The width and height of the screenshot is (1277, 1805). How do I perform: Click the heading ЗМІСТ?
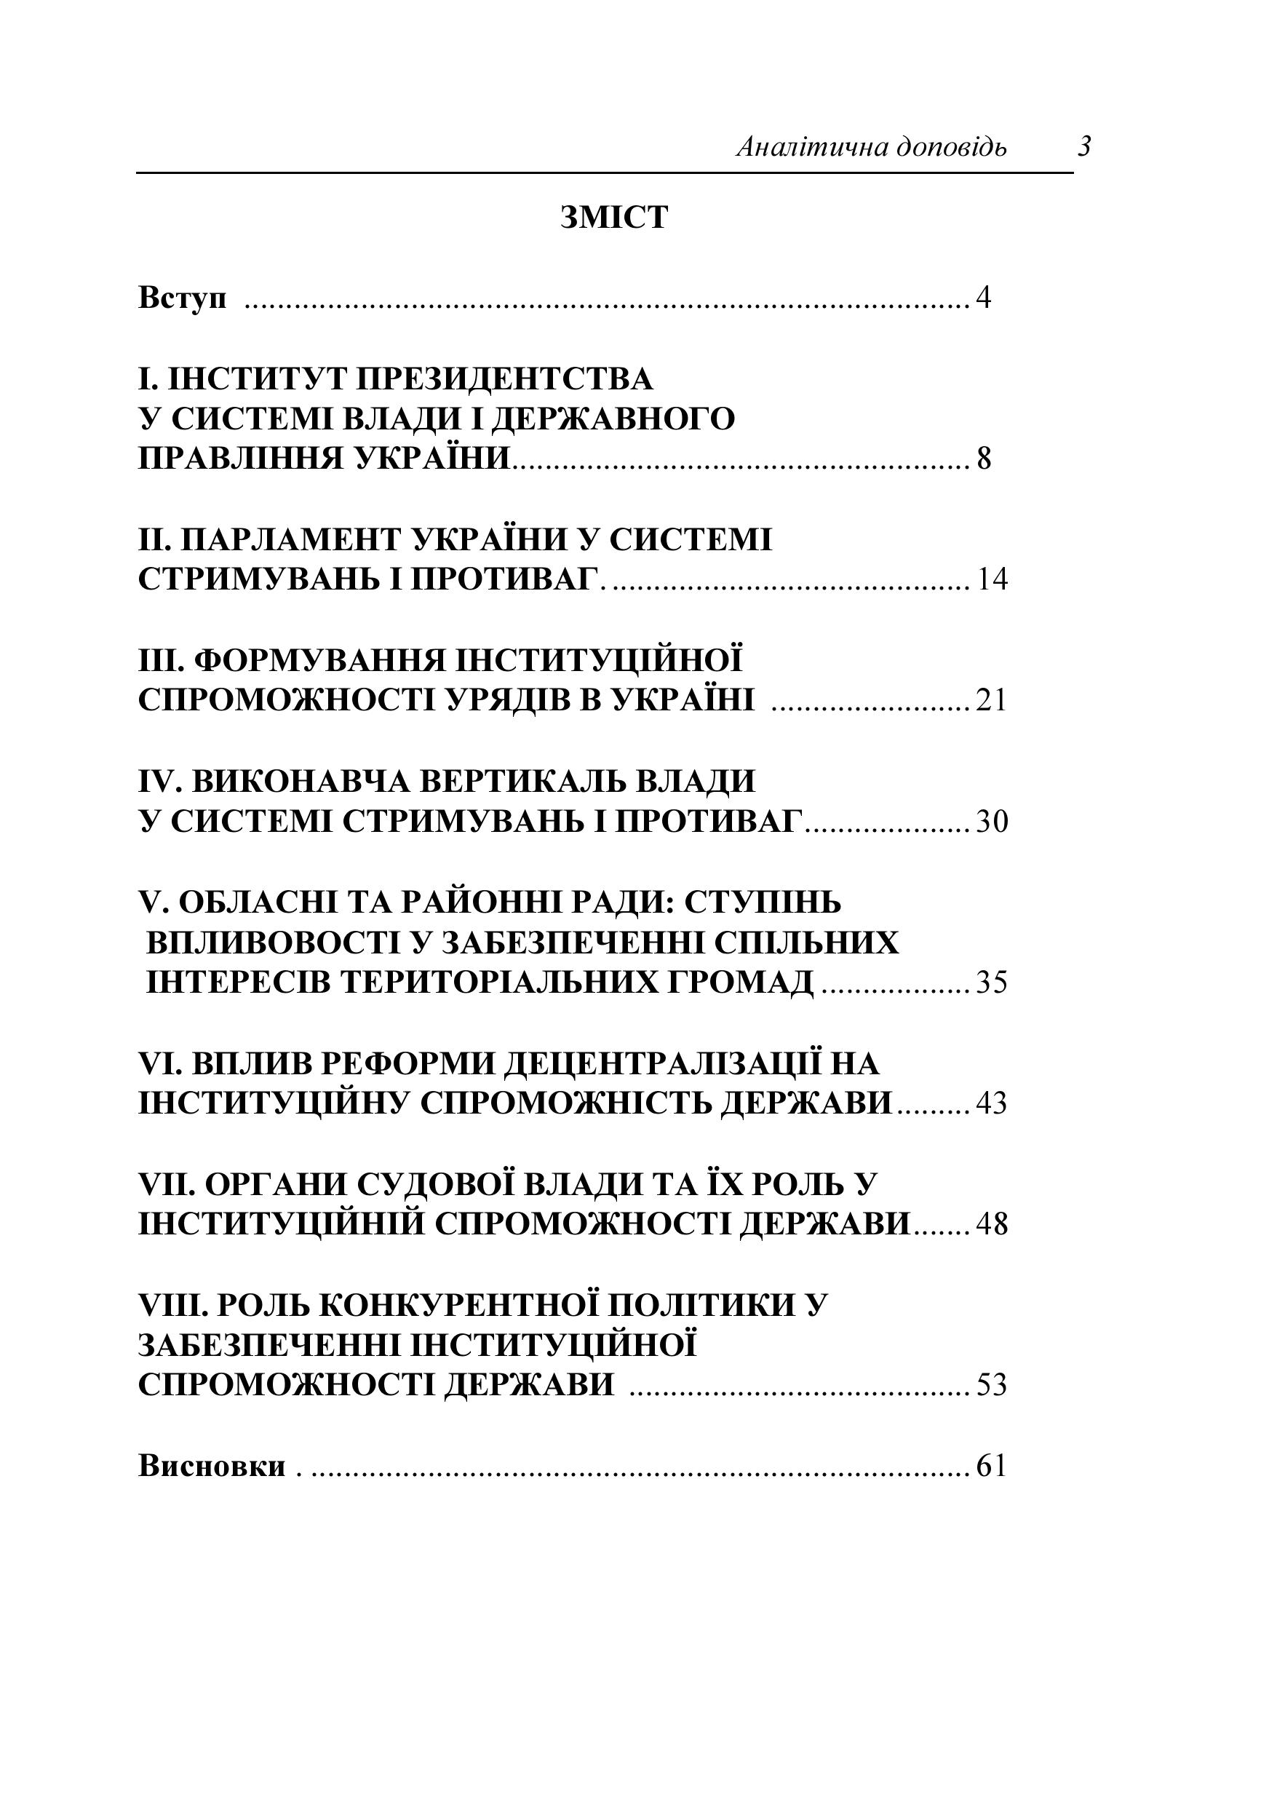[x=614, y=218]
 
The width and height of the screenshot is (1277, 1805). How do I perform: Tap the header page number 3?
[x=1084, y=146]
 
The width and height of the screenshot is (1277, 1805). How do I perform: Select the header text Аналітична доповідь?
[x=870, y=147]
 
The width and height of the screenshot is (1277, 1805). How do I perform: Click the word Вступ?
[x=182, y=299]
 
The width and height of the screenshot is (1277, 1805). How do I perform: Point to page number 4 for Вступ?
[x=983, y=299]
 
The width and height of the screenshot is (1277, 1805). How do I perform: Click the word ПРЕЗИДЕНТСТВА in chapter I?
[x=505, y=379]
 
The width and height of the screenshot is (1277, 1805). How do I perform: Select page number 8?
[x=984, y=459]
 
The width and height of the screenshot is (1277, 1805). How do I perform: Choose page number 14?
[x=992, y=580]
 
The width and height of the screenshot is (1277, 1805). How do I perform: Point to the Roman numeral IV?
[x=159, y=782]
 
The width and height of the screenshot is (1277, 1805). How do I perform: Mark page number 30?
[x=992, y=822]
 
